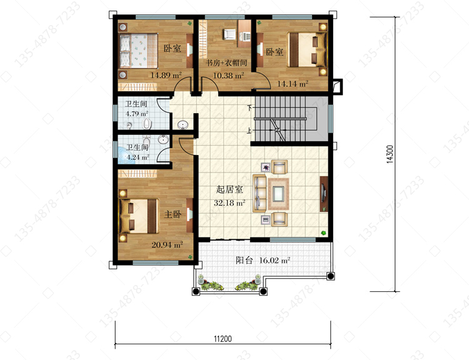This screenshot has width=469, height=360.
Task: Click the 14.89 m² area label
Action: tap(166, 75)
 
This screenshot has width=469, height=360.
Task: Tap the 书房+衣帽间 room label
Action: tap(226, 62)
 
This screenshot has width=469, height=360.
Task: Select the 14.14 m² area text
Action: tap(293, 84)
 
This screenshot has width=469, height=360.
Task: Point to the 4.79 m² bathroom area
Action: tap(137, 114)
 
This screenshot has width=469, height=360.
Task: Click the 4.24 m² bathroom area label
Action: tap(138, 157)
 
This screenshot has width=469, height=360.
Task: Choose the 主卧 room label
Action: tap(173, 214)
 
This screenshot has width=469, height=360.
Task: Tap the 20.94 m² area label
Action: tap(167, 244)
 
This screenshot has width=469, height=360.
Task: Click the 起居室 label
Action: tap(229, 189)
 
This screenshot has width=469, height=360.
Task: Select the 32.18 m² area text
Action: tap(229, 202)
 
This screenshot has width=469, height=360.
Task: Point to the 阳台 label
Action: tap(245, 260)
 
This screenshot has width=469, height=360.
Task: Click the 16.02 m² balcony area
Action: tap(275, 260)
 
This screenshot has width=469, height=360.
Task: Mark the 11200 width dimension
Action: tap(223, 339)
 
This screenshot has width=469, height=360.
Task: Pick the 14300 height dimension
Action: tap(390, 154)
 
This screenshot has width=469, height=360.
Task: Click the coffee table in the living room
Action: tap(278, 194)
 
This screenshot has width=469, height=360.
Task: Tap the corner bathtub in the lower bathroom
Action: tap(125, 154)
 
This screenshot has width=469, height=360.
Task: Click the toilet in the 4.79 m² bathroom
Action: tap(146, 124)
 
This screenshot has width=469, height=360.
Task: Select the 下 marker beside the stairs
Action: tap(250, 107)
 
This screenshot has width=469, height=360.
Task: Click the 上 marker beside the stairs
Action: tap(249, 131)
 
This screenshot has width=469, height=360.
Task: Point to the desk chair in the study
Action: tap(229, 34)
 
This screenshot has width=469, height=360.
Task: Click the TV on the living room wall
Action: tap(323, 193)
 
